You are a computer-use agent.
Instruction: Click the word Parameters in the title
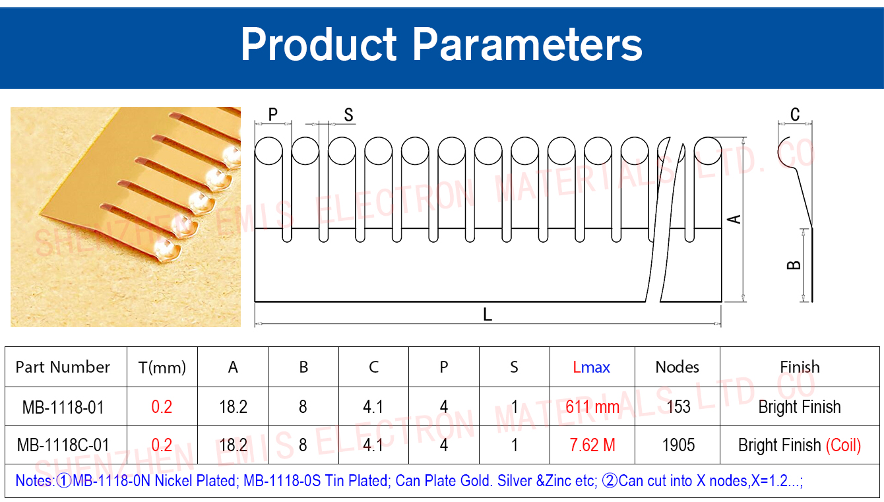(x=527, y=45)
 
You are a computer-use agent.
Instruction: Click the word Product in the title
(x=319, y=44)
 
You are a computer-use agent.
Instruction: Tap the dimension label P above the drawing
(x=272, y=114)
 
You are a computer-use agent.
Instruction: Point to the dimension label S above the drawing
(x=348, y=115)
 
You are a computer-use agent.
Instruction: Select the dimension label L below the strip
(x=488, y=315)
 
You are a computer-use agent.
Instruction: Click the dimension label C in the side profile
(x=795, y=114)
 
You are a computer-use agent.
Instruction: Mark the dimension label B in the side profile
(x=794, y=265)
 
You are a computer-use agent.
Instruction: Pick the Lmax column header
(x=591, y=367)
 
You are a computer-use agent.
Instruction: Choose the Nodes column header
(x=678, y=367)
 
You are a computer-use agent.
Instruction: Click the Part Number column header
(x=63, y=367)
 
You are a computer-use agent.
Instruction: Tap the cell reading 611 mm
(x=592, y=407)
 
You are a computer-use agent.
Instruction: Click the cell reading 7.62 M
(x=592, y=445)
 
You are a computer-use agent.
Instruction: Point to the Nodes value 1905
(x=678, y=445)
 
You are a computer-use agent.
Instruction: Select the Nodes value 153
(x=678, y=407)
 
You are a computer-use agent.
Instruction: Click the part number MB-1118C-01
(x=63, y=445)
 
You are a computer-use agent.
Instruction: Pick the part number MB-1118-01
(x=63, y=407)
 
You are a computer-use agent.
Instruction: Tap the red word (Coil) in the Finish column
(x=843, y=445)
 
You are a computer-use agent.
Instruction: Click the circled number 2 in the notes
(x=610, y=481)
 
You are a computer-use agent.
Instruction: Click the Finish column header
(x=800, y=367)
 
